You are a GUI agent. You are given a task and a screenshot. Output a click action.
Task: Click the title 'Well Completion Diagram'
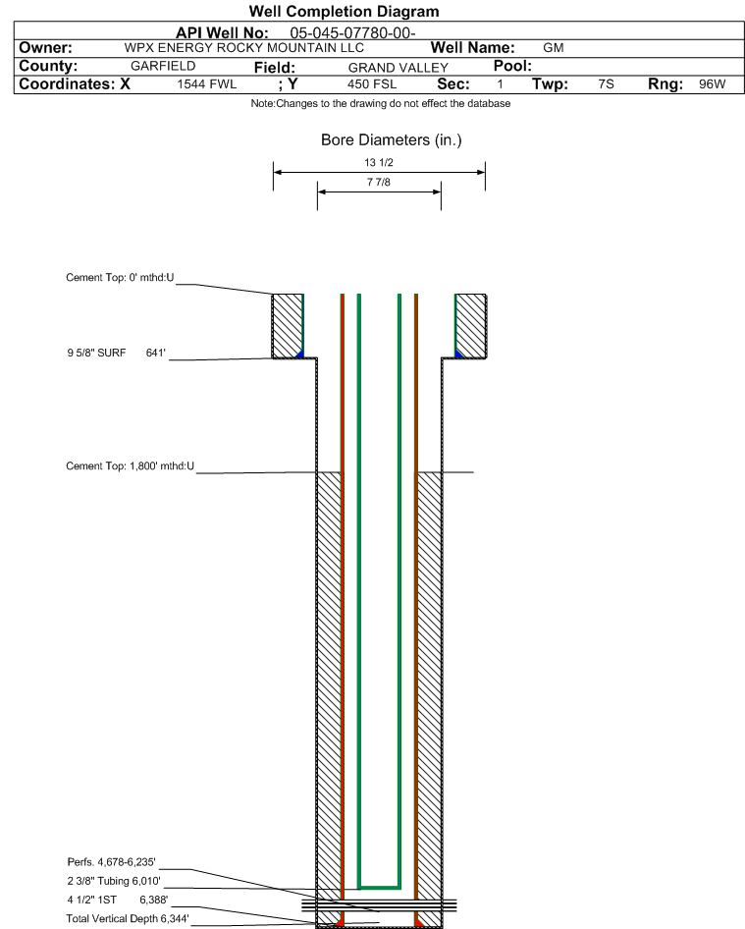[345, 11]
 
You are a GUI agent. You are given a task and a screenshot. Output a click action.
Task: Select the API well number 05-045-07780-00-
[352, 33]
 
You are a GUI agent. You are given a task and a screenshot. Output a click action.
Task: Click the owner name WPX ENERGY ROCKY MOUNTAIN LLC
[244, 48]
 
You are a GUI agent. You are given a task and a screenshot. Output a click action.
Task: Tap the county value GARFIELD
[163, 66]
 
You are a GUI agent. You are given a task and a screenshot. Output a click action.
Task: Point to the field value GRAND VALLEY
[398, 68]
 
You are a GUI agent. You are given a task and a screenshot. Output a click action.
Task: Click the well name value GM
[554, 48]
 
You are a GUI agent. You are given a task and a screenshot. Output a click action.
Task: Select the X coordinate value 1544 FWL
[207, 84]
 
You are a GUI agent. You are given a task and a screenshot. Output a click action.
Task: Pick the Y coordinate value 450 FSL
[372, 84]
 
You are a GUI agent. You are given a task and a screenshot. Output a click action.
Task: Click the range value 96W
[712, 84]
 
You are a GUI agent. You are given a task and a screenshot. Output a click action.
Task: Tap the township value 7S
[606, 84]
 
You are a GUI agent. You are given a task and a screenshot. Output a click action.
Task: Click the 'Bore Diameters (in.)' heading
[391, 139]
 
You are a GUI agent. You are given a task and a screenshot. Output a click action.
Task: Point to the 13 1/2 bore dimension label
[379, 162]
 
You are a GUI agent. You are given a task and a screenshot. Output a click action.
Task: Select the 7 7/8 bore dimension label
[379, 182]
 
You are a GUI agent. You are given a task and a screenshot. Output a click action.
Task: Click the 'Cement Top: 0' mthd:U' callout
[120, 277]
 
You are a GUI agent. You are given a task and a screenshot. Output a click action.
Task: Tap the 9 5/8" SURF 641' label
[116, 353]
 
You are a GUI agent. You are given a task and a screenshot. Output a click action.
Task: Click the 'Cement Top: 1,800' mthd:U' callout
[130, 465]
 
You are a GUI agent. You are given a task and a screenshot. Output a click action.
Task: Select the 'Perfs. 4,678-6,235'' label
[111, 861]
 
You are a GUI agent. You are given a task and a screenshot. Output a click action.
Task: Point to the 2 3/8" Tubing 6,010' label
[114, 881]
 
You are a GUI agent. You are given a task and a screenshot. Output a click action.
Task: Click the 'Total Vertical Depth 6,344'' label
[128, 918]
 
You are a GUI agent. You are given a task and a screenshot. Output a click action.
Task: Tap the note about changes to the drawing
[380, 103]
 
